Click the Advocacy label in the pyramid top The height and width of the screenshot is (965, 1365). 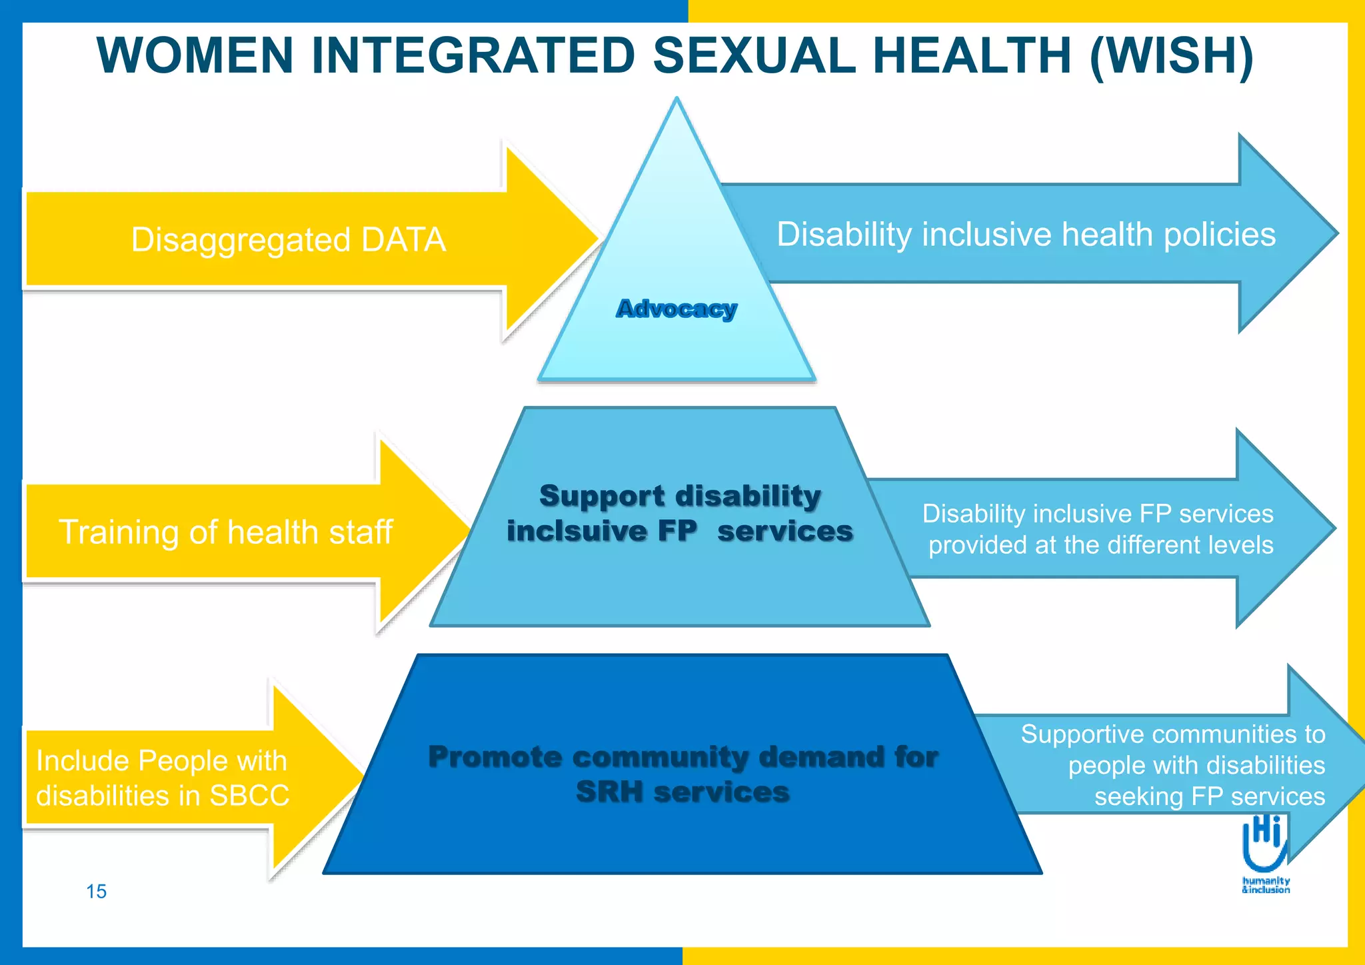coord(677,309)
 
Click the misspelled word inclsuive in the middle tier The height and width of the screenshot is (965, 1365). coord(577,531)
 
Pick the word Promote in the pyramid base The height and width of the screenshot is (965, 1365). coord(495,757)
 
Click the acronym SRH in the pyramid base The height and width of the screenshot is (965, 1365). coord(609,792)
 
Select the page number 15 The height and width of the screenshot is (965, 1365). coord(96,892)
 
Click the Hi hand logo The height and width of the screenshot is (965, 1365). coord(1265,846)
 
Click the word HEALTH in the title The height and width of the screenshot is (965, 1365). coord(972,55)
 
